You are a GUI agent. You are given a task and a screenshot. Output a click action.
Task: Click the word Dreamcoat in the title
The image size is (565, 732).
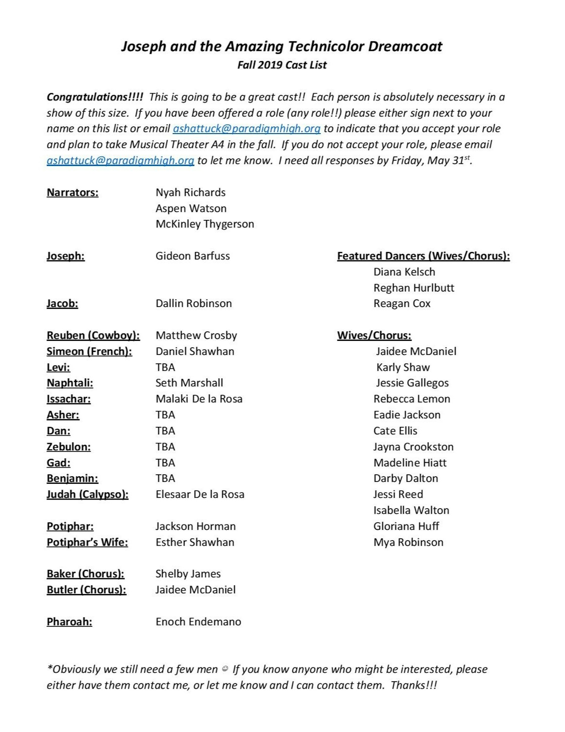(405, 46)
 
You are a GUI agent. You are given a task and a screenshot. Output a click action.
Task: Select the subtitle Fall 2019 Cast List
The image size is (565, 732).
(282, 65)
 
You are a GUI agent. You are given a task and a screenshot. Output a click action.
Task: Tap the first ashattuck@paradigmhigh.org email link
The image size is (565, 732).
(246, 129)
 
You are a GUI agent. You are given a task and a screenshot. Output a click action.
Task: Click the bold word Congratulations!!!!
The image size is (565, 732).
(95, 97)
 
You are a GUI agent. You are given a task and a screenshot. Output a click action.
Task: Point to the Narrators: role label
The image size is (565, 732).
(72, 192)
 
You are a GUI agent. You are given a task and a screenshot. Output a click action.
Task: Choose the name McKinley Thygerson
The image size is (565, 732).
(205, 224)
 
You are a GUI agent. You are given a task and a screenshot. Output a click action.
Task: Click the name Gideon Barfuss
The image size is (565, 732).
(192, 256)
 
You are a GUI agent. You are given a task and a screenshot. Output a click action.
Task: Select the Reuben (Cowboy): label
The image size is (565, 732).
(93, 336)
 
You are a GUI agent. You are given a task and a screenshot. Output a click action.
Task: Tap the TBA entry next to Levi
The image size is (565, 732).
(165, 367)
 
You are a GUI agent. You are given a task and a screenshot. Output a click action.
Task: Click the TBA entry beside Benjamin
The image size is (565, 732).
(165, 478)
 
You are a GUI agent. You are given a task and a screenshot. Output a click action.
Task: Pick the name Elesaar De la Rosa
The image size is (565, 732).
(200, 494)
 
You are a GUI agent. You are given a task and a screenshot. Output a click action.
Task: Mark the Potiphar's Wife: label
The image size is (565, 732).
(87, 542)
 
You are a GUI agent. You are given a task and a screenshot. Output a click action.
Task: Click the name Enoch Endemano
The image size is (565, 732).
(198, 622)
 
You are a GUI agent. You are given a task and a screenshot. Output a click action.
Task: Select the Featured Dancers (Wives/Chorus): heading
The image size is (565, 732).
(423, 256)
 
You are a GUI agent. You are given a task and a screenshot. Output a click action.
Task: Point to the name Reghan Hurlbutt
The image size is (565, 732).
(414, 288)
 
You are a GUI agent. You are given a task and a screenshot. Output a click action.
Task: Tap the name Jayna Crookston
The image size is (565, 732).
(413, 447)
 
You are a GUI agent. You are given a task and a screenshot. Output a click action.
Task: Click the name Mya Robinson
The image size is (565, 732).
(408, 542)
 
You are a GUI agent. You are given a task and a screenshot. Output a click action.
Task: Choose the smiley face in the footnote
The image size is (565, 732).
(225, 669)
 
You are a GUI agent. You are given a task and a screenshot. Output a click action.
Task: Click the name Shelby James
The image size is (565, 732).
(188, 574)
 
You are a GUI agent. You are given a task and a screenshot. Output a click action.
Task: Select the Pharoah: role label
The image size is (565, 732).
(69, 622)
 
